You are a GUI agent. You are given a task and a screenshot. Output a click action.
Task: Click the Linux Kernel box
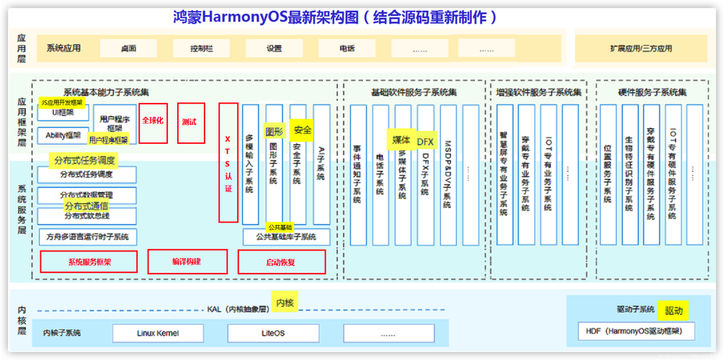[158, 333]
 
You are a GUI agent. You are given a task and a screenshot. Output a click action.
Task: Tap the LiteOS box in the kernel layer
[273, 333]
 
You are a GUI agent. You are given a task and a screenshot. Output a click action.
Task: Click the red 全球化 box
[153, 122]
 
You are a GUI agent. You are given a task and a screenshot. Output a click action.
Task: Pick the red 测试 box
[191, 122]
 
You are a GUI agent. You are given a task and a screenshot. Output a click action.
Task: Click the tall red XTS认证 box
[228, 162]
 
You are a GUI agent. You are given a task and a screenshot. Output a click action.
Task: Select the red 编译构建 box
[187, 262]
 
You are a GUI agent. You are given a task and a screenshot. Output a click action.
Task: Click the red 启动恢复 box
[280, 262]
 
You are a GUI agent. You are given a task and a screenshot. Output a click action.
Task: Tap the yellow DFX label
[425, 142]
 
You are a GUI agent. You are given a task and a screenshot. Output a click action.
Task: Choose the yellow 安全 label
[303, 130]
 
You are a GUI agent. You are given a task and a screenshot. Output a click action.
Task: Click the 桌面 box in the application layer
[129, 49]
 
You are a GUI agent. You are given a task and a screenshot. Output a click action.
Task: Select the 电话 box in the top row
[347, 49]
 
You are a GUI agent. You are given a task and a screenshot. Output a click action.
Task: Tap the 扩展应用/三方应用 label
[640, 49]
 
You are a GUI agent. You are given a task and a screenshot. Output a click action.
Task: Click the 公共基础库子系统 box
[286, 237]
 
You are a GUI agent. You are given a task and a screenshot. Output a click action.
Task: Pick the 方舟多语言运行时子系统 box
[87, 236]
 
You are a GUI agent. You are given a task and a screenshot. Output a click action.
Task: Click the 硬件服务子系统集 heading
[652, 93]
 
